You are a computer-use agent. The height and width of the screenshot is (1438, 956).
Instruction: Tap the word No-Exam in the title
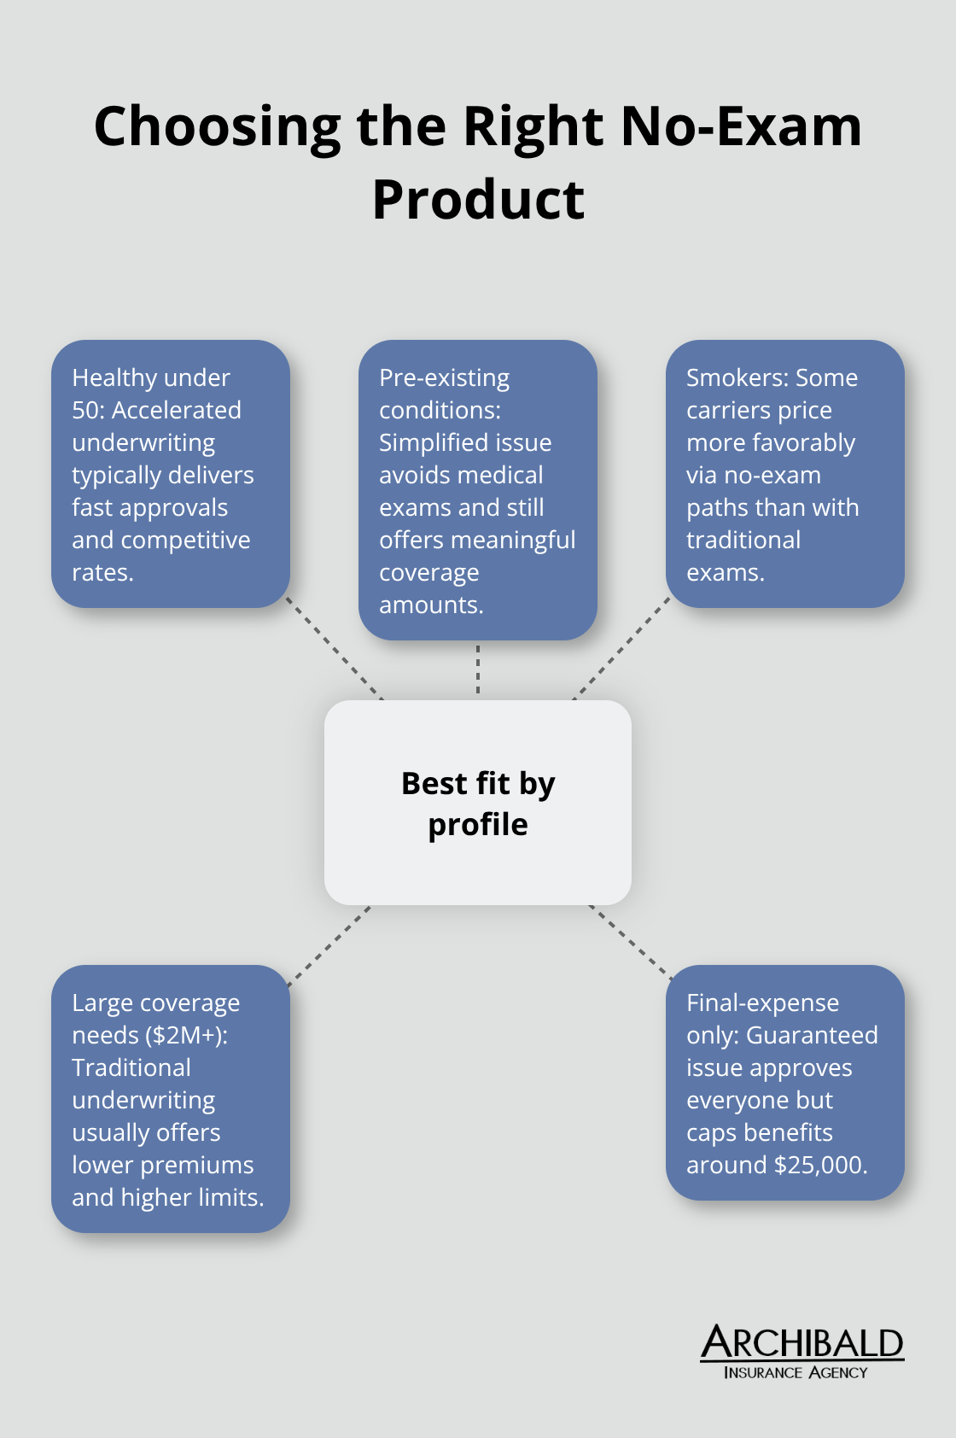pyautogui.click(x=741, y=126)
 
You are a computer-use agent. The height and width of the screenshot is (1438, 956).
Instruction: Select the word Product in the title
pyautogui.click(x=478, y=200)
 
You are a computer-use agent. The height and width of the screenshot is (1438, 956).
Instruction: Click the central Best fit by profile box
pyautogui.click(x=478, y=803)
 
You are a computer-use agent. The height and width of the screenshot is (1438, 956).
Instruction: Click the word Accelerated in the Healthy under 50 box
pyautogui.click(x=177, y=410)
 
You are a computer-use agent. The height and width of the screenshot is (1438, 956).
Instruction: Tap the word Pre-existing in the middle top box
pyautogui.click(x=444, y=377)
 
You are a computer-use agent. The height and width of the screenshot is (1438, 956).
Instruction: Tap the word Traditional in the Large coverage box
pyautogui.click(x=131, y=1067)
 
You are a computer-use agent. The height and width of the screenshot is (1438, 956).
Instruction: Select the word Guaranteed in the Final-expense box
pyautogui.click(x=812, y=1035)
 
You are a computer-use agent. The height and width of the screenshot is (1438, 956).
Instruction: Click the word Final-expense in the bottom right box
pyautogui.click(x=762, y=1003)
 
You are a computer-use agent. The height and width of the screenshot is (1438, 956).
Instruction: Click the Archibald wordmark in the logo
pyautogui.click(x=802, y=1343)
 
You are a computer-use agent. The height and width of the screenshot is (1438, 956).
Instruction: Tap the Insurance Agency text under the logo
pyautogui.click(x=795, y=1372)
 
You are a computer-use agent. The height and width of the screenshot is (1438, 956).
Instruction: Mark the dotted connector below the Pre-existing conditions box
pyautogui.click(x=478, y=669)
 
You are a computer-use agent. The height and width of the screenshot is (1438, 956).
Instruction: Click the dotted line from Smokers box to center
pyautogui.click(x=621, y=648)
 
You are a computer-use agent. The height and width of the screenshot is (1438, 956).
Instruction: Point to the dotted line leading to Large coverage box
pyautogui.click(x=329, y=945)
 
